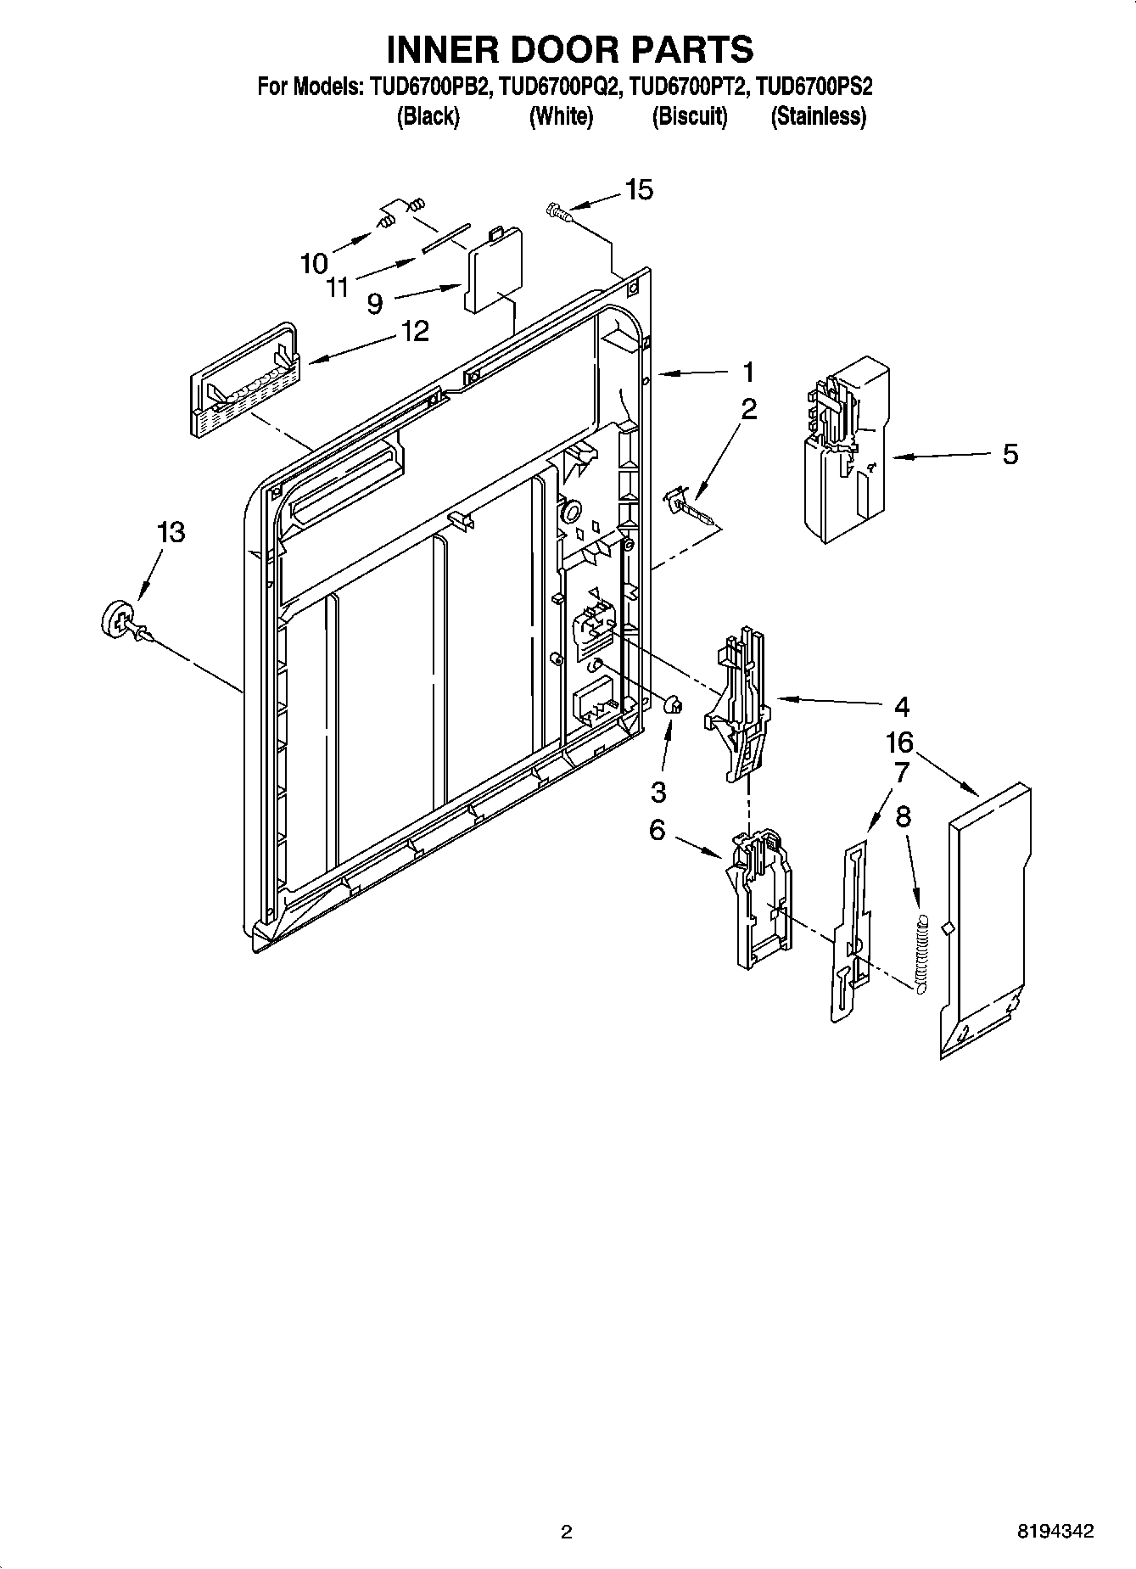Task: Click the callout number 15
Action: tap(639, 190)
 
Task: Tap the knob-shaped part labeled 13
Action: tap(118, 618)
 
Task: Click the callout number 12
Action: tap(414, 331)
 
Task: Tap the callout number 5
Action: tap(1010, 454)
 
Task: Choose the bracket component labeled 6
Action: tap(760, 899)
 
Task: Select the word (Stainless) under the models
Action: tap(818, 117)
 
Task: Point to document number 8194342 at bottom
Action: tap(1055, 1532)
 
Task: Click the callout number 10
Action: tap(314, 264)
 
